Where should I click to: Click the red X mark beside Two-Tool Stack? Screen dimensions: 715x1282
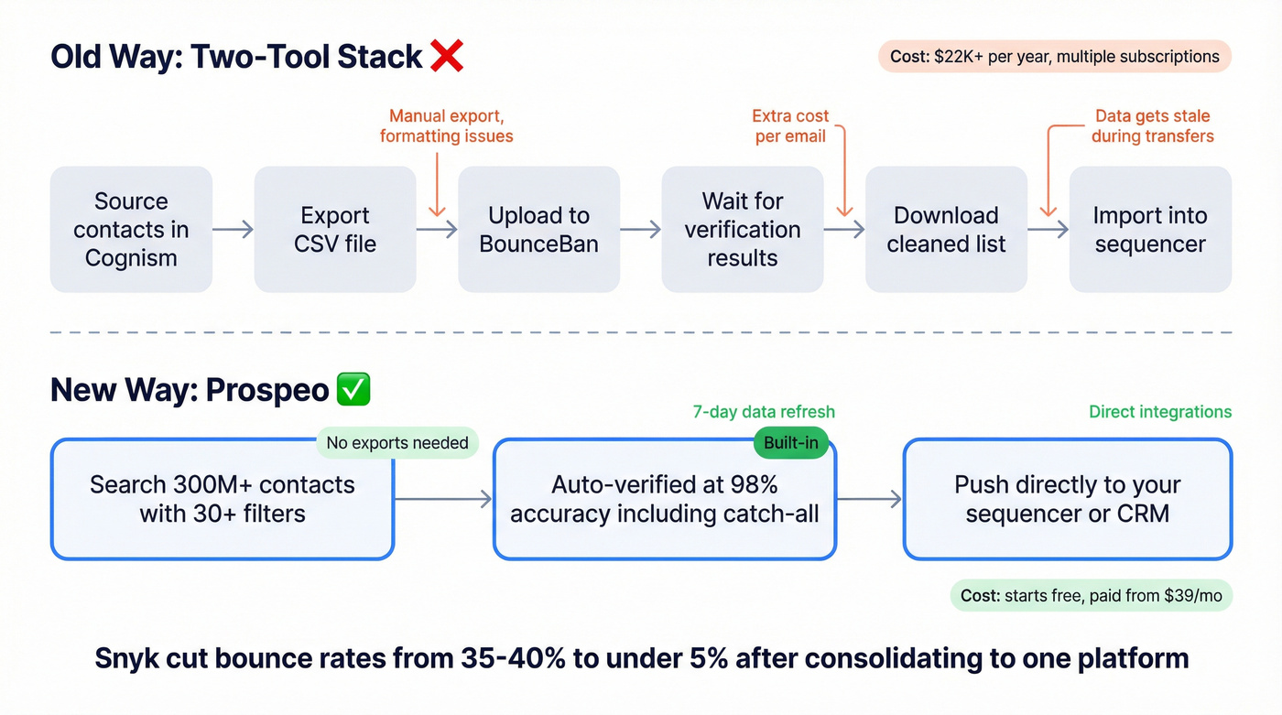pyautogui.click(x=446, y=56)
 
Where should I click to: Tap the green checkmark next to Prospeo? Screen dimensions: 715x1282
pyautogui.click(x=353, y=390)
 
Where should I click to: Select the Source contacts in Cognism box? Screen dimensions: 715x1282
pyautogui.click(x=131, y=229)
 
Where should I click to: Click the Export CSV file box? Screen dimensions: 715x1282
pyautogui.click(x=335, y=229)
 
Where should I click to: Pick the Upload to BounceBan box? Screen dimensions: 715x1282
pyautogui.click(x=538, y=229)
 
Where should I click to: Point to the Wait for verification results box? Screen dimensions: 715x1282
pyautogui.click(x=742, y=229)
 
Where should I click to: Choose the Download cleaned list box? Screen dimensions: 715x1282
pyautogui.click(x=946, y=229)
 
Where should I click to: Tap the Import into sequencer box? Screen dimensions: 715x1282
pyautogui.click(x=1149, y=229)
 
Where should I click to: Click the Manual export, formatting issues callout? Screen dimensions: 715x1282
pyautogui.click(x=446, y=126)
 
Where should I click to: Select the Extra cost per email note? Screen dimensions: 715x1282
pyautogui.click(x=789, y=126)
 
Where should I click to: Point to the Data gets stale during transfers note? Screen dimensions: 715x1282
pyautogui.click(x=1152, y=126)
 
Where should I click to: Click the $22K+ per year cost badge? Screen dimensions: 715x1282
pyautogui.click(x=1055, y=57)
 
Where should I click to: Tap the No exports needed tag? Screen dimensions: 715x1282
pyautogui.click(x=397, y=443)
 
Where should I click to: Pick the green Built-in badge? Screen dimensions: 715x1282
pyautogui.click(x=790, y=443)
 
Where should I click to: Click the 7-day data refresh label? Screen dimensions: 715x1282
pyautogui.click(x=764, y=412)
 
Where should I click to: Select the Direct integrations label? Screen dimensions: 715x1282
pyautogui.click(x=1160, y=412)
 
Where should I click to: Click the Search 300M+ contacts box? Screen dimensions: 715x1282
pyautogui.click(x=222, y=499)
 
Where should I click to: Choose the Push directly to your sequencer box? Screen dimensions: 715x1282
pyautogui.click(x=1067, y=499)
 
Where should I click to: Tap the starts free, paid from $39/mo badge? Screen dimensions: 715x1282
pyautogui.click(x=1091, y=596)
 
